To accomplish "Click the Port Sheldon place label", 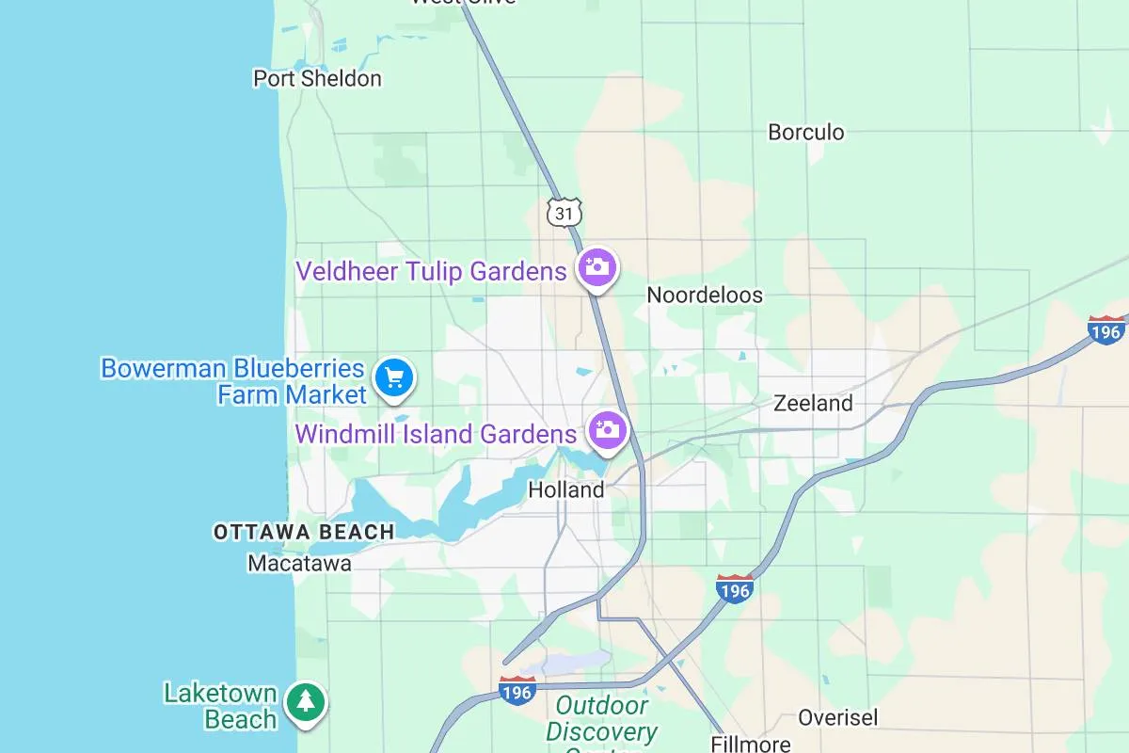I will tap(317, 78).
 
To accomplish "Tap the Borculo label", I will tap(806, 132).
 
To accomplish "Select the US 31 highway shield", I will tap(564, 213).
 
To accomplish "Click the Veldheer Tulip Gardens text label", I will tap(431, 272).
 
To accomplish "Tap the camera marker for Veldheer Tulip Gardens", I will tap(596, 267).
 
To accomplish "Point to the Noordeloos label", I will tap(705, 296).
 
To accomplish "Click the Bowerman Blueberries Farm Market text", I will tap(232, 380).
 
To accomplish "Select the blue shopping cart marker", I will tap(394, 377).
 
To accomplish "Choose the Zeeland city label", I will tap(813, 404).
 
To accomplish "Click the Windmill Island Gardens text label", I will tap(436, 434).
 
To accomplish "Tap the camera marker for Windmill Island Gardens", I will tap(607, 430).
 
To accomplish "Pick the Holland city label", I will tap(566, 489).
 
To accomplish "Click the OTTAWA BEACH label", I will tap(304, 533).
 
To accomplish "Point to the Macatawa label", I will tap(299, 564).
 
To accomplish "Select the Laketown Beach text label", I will tap(220, 707).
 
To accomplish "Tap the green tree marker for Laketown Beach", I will tap(305, 701).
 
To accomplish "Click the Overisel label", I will tap(837, 718).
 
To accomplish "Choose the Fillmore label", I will tap(751, 744).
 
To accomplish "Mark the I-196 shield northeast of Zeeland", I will tap(1105, 330).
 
